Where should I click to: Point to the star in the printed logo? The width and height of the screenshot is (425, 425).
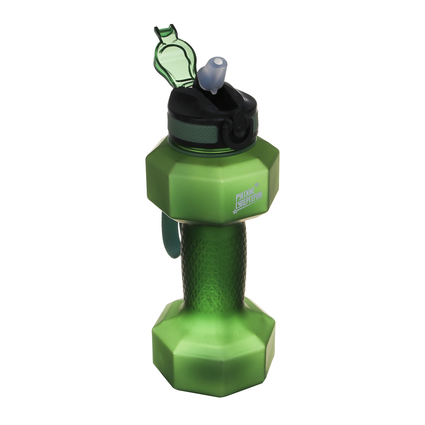tap(235, 211)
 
